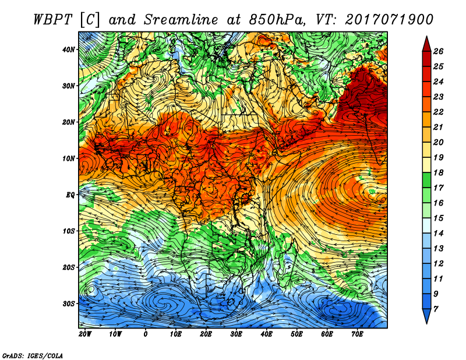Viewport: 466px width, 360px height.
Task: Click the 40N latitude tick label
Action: pyautogui.click(x=69, y=50)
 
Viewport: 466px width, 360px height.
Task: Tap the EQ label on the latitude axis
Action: pyautogui.click(x=70, y=195)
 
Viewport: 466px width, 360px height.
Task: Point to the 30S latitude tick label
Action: pyautogui.click(x=69, y=304)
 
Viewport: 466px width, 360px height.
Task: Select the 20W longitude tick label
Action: pyautogui.click(x=85, y=334)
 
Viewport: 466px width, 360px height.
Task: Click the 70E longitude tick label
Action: pyautogui.click(x=357, y=334)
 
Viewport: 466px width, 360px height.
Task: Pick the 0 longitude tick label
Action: pyautogui.click(x=145, y=334)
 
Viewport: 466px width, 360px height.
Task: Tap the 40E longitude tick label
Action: pyautogui.click(x=267, y=334)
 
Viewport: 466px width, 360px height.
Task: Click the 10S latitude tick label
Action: pyautogui.click(x=69, y=231)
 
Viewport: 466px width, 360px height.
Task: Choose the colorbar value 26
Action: pyautogui.click(x=438, y=51)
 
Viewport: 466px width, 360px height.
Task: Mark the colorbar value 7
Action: pyautogui.click(x=436, y=309)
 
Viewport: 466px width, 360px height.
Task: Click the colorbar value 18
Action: pyautogui.click(x=438, y=172)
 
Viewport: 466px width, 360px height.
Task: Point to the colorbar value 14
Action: pyautogui.click(x=438, y=234)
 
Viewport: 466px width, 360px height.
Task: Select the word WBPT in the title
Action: pyautogui.click(x=52, y=20)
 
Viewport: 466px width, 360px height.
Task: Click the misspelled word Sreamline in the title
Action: pyautogui.click(x=181, y=20)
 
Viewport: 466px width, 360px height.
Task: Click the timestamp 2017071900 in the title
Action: pyautogui.click(x=389, y=20)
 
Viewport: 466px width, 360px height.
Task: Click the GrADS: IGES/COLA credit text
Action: pyautogui.click(x=33, y=356)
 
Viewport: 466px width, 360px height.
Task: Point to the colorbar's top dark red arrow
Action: pyautogui.click(x=427, y=44)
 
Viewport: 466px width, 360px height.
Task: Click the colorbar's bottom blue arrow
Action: pyautogui.click(x=427, y=316)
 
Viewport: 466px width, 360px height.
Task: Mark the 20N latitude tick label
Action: pyautogui.click(x=69, y=122)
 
